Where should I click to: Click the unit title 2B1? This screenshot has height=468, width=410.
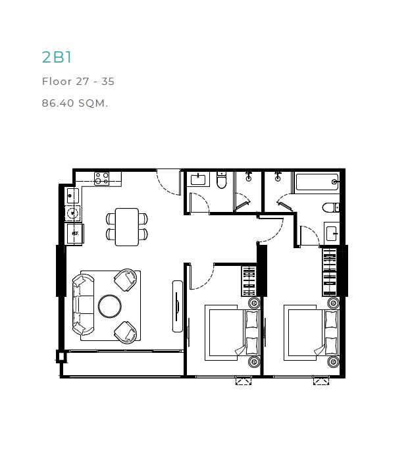[x=57, y=57]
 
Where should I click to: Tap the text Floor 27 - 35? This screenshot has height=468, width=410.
[x=78, y=81]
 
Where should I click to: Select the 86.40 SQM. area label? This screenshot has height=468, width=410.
[x=74, y=103]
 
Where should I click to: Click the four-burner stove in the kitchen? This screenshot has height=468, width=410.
[x=101, y=178]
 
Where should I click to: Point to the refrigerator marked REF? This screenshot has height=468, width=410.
[x=74, y=234]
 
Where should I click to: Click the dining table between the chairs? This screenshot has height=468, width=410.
[x=127, y=227]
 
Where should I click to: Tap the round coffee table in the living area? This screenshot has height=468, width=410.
[x=110, y=306]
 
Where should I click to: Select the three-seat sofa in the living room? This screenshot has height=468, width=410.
[x=83, y=305]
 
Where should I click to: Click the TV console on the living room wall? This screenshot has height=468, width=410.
[x=178, y=306]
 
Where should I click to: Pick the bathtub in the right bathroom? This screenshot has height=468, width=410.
[x=317, y=182]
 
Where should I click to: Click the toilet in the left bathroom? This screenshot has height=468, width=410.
[x=221, y=180]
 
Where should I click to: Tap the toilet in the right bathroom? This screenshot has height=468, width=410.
[x=331, y=207]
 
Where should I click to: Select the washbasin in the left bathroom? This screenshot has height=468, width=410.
[x=198, y=180]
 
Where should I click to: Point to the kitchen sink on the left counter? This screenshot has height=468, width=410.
[x=72, y=195]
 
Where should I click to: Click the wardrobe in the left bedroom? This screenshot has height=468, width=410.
[x=249, y=281]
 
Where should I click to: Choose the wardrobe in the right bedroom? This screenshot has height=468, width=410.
[x=330, y=272]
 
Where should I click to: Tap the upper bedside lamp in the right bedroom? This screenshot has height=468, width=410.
[x=333, y=303]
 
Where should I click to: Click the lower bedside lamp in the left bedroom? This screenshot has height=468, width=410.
[x=254, y=362]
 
